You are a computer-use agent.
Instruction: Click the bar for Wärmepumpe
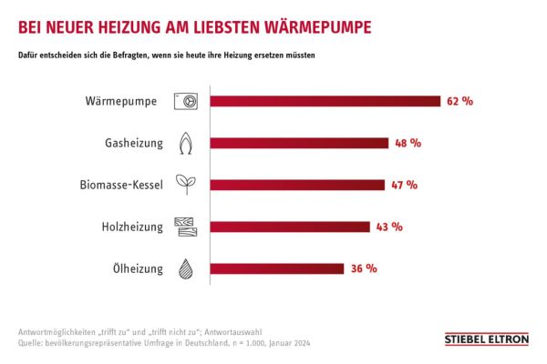tap(326, 102)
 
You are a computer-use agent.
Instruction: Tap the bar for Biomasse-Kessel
tap(297, 185)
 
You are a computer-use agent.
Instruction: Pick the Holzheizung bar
tap(291, 227)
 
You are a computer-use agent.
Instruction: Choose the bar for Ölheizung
tap(278, 268)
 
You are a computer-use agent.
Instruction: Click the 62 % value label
tap(460, 102)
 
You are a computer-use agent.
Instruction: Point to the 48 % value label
tap(408, 143)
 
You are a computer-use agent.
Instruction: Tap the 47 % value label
tap(404, 185)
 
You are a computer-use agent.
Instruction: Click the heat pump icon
tap(186, 102)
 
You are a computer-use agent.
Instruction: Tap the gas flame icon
tap(186, 143)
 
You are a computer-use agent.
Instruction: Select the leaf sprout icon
tap(186, 185)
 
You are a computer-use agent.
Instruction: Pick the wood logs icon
tap(186, 227)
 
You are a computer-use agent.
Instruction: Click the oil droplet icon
tap(186, 268)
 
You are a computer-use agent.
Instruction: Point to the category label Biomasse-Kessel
tap(121, 185)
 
